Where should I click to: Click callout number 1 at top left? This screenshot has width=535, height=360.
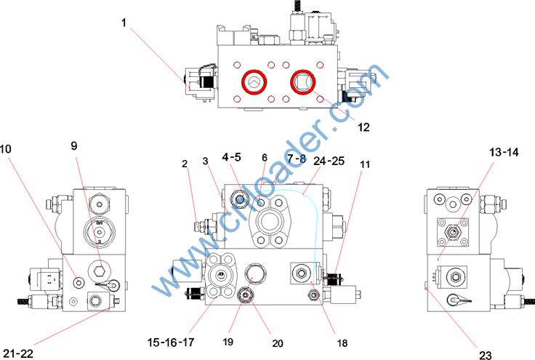coord(124,23)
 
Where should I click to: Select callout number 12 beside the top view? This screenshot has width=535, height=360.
coord(364,127)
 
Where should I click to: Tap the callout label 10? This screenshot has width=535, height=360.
coord(7,148)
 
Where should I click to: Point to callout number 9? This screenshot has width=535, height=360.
coord(73,145)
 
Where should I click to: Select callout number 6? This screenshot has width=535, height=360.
coord(265,156)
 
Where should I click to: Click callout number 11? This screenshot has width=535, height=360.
coord(365,164)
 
